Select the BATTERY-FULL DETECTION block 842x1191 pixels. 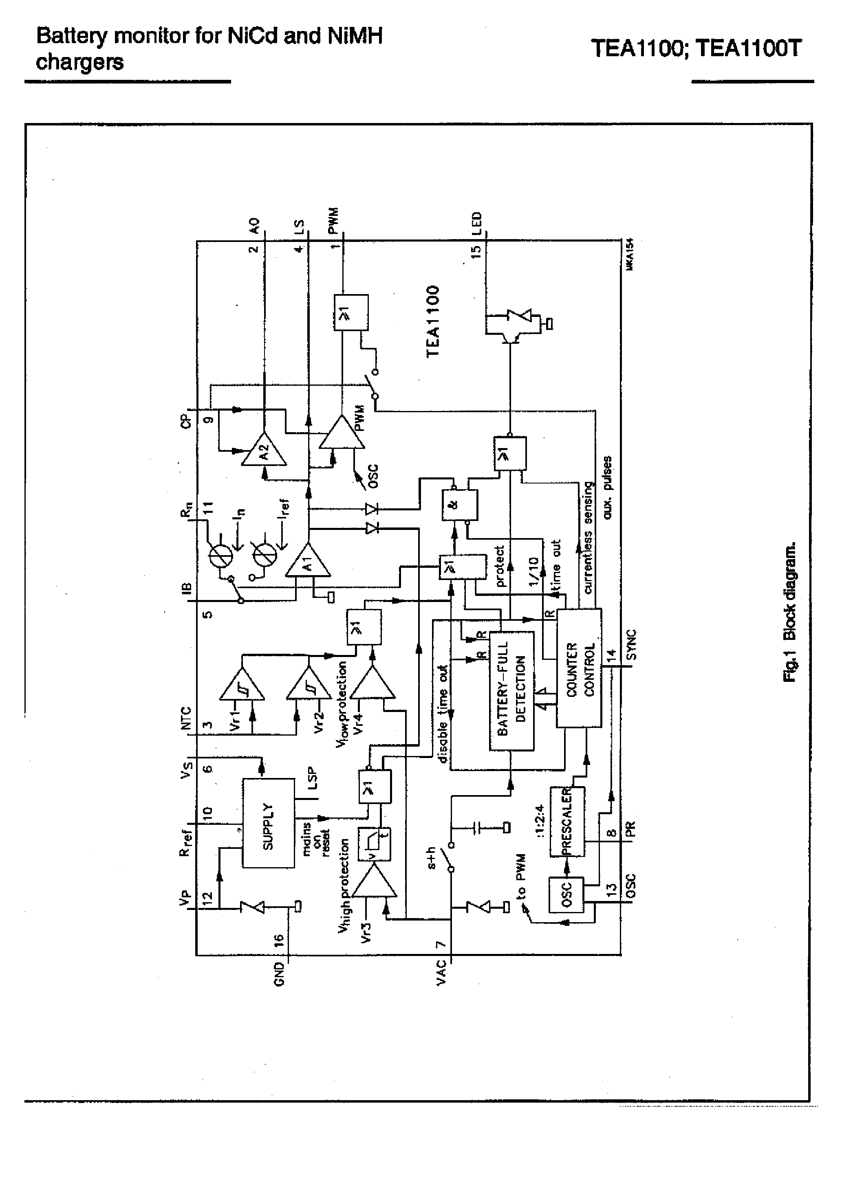(x=511, y=690)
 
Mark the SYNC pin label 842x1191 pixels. (x=631, y=645)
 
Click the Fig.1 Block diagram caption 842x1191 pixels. (x=789, y=612)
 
